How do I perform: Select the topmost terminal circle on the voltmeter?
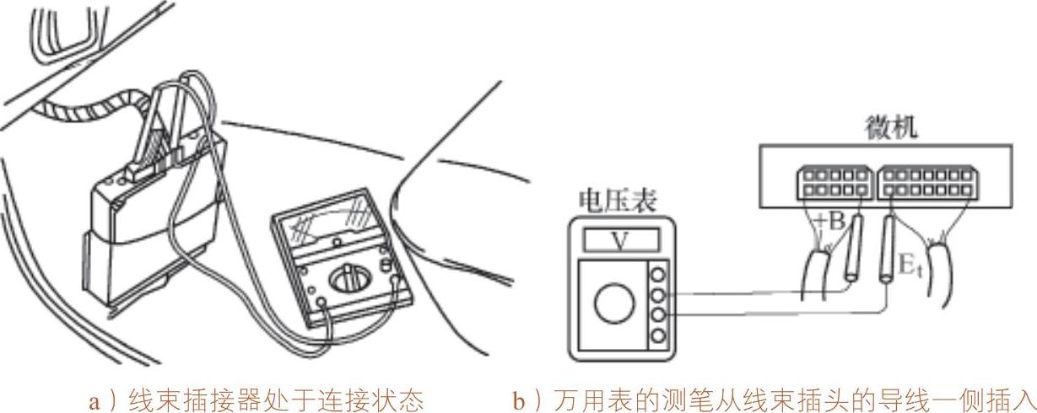pyautogui.click(x=657, y=274)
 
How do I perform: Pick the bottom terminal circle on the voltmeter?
pyautogui.click(x=657, y=335)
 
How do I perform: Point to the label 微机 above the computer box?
pyautogui.click(x=892, y=129)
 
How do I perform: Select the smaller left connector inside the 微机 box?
pyautogui.click(x=831, y=184)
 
